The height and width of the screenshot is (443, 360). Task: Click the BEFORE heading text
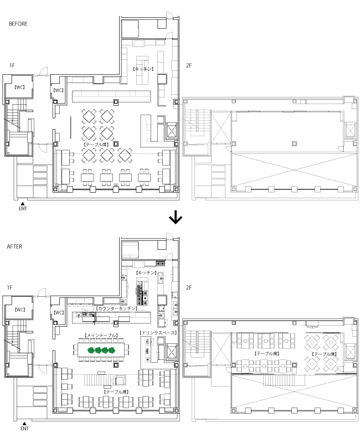tap(18, 24)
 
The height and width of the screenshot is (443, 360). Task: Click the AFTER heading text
tap(14, 246)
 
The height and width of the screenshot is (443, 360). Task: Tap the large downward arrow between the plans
tap(176, 218)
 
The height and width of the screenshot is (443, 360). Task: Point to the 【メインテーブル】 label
tap(101, 336)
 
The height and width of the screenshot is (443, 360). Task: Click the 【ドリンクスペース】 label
tap(158, 333)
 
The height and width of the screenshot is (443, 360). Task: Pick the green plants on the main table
tap(101, 350)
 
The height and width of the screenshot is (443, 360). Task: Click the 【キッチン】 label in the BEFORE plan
tap(143, 69)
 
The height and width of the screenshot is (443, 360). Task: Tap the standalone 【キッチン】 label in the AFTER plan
tap(146, 274)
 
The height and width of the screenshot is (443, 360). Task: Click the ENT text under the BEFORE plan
tap(23, 209)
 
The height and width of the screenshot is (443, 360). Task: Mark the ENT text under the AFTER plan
tap(24, 428)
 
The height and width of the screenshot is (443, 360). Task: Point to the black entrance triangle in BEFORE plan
tap(23, 204)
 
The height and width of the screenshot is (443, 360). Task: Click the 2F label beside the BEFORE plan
tap(189, 66)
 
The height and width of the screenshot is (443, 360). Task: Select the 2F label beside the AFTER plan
tap(189, 287)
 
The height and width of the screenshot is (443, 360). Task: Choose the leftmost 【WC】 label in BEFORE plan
tap(20, 87)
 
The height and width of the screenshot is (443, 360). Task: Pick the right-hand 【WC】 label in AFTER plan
tap(59, 312)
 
